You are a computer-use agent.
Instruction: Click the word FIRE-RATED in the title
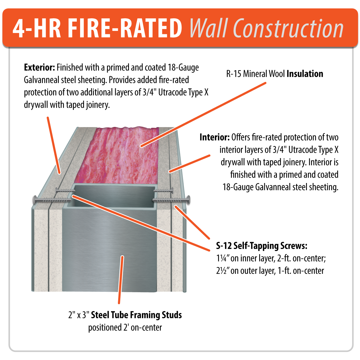pos(124,28)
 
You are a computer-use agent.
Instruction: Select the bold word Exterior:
pos(39,67)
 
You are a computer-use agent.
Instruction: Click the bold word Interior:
pos(215,137)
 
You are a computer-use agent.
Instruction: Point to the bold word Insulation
pos(305,74)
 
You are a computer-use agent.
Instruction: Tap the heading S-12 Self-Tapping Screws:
pos(262,246)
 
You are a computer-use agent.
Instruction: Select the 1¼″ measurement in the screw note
pos(223,258)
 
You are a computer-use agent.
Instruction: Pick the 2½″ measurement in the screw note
pos(223,271)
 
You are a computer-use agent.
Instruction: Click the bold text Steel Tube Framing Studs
pos(136,315)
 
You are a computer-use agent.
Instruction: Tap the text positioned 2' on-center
pos(125,328)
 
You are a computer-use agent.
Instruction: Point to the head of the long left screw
pos(35,200)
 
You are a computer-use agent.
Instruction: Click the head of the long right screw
pos(188,200)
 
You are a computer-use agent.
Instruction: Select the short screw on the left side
pos(65,191)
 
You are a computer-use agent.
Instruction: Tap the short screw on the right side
pos(163,191)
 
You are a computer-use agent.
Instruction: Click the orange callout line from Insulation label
pos(203,115)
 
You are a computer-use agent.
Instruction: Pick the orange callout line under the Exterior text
pos(54,145)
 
